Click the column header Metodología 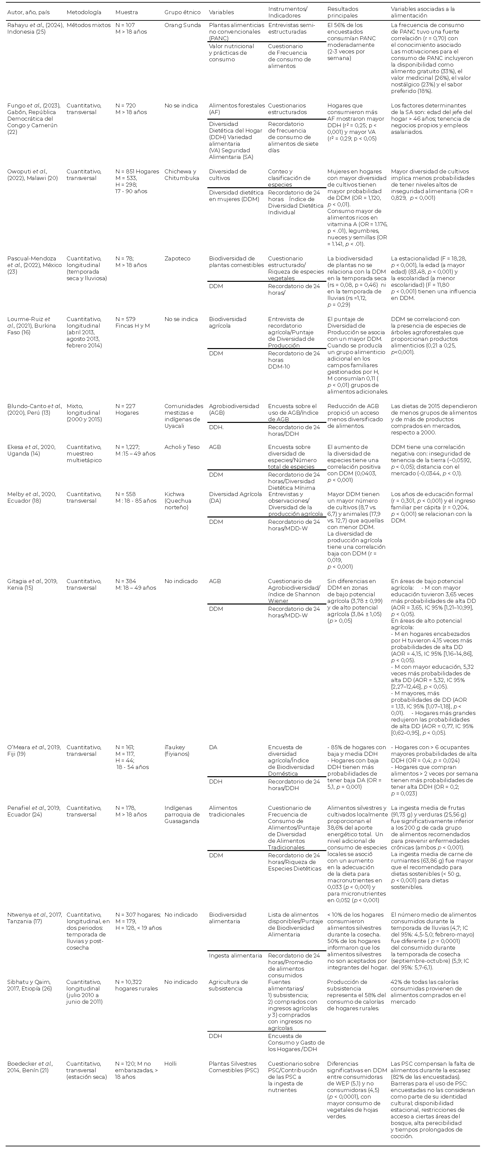coord(84,12)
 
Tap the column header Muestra coord(126,12)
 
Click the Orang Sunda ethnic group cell coord(183,25)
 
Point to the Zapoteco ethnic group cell coord(177,259)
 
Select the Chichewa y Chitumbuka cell coord(182,175)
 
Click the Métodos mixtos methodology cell coord(88,25)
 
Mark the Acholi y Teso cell coord(182,447)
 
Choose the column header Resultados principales coord(343,12)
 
